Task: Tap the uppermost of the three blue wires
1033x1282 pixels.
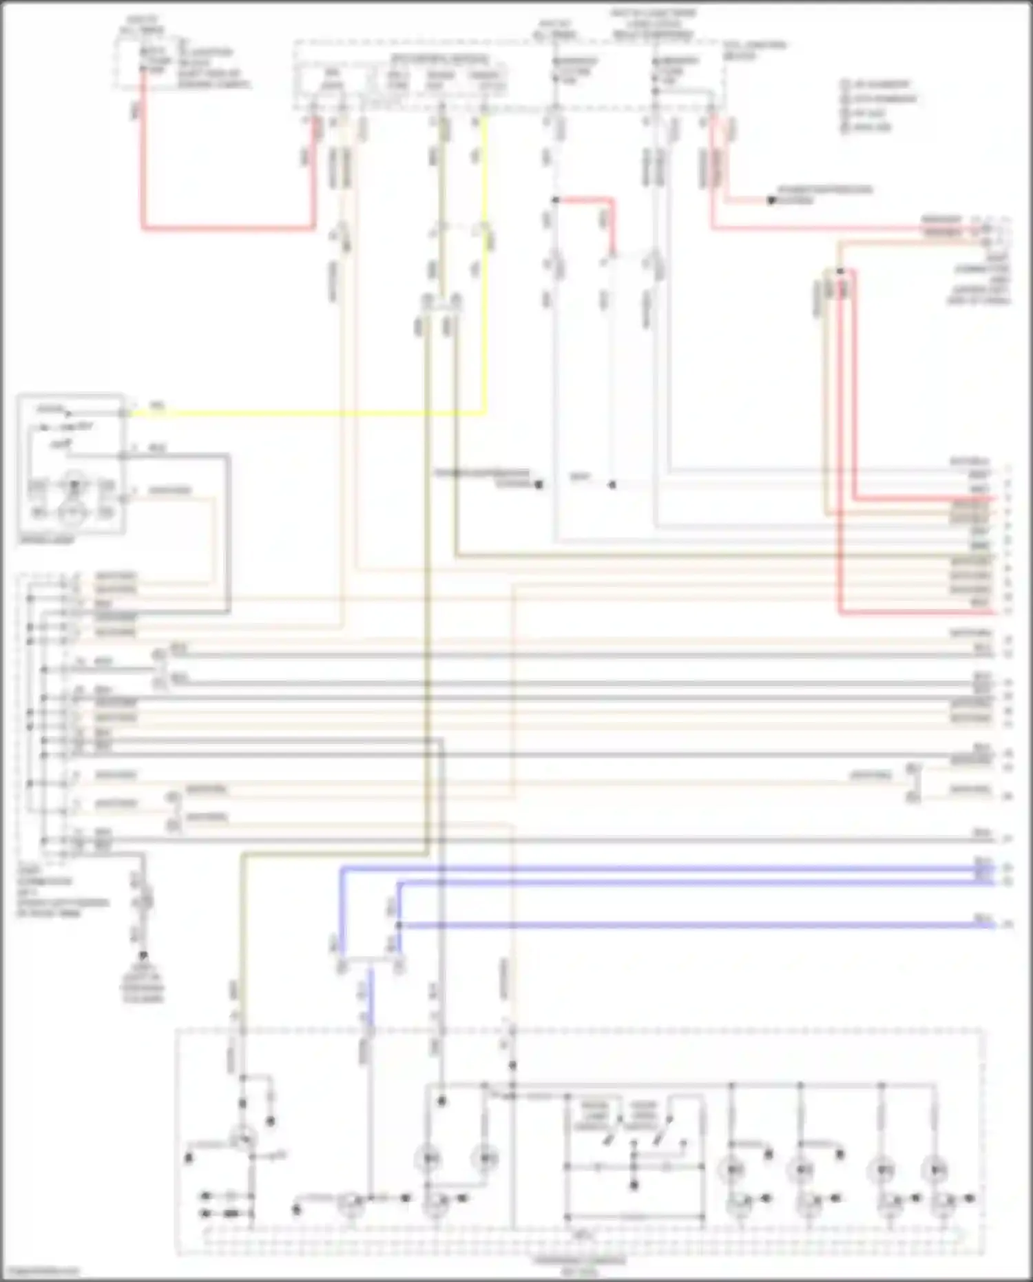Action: point(654,870)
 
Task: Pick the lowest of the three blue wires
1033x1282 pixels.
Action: point(689,925)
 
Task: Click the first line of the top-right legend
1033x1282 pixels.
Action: point(878,85)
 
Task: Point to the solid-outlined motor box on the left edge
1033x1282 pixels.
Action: point(71,463)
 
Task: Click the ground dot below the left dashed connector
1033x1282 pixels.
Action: point(143,955)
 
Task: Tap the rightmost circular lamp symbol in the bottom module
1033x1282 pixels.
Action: point(935,1169)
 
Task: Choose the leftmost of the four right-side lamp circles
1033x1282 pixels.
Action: point(731,1169)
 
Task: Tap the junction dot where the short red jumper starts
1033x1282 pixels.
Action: point(555,200)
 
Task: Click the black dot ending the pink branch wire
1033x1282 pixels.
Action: point(771,201)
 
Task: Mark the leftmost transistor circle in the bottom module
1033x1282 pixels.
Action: point(242,1140)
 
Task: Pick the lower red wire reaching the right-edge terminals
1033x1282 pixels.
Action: point(916,612)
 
